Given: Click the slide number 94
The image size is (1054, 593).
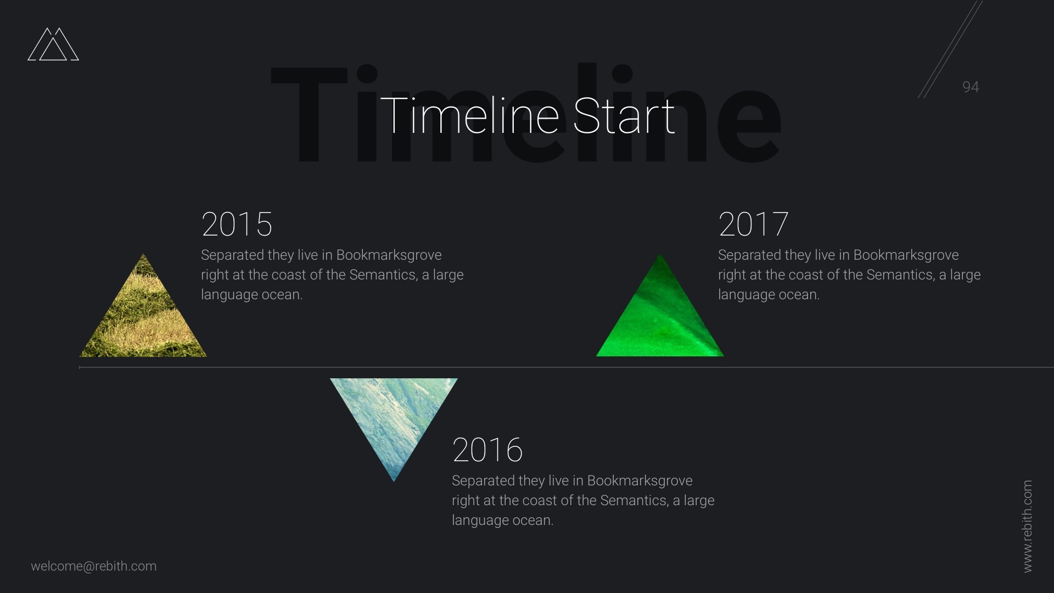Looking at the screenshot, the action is (x=971, y=87).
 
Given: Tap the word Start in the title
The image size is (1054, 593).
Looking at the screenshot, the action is (x=624, y=115).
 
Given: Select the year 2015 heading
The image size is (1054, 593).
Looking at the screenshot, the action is (x=237, y=224).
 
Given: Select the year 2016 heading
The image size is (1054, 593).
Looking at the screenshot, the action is (x=487, y=450).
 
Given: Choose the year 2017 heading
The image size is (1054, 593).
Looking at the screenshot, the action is (x=753, y=224).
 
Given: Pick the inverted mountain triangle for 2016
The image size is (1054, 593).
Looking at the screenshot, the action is (x=394, y=412).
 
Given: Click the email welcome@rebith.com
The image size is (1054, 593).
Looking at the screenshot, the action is (x=94, y=566).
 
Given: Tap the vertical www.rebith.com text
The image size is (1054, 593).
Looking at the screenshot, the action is (x=1028, y=526).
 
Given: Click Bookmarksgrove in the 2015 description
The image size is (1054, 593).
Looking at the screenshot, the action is (x=389, y=255).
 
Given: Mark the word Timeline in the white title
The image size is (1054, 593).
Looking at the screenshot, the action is (x=470, y=115).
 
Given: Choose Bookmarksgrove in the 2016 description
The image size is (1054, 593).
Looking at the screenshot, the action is (x=640, y=481).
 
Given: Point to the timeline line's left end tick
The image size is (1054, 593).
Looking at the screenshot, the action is (x=80, y=367).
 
